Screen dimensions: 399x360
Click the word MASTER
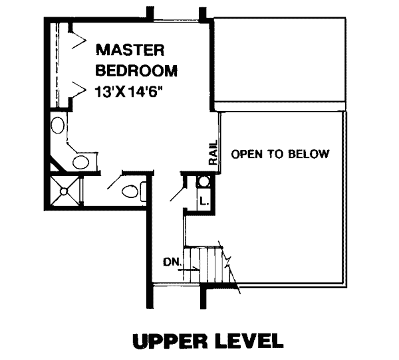pos(130,50)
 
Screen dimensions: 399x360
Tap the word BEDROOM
pos(136,70)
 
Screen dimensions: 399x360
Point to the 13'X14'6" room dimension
pos(129,92)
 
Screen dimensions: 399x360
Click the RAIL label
pos(213,152)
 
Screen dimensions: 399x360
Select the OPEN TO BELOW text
pos(280,154)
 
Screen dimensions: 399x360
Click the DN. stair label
pos(172,262)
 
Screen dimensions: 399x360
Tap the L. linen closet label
pos(204,201)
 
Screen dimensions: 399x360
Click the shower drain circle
pos(64,191)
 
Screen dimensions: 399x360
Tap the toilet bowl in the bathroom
pos(130,191)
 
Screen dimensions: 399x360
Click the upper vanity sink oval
pos(58,125)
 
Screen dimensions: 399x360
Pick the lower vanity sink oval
pos(81,162)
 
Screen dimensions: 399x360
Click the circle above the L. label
pos(203,182)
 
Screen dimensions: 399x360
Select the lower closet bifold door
pos(78,91)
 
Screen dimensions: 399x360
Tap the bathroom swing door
pos(115,180)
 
